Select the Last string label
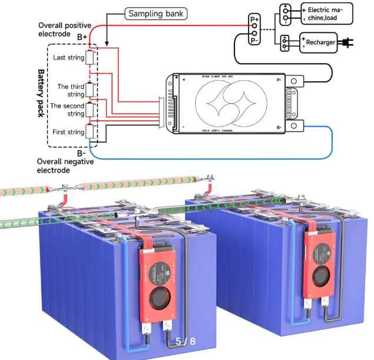68,58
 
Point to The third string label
71,90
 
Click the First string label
68,132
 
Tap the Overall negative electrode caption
62,165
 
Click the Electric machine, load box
326,14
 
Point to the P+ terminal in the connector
254,20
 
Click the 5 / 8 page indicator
185,341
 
